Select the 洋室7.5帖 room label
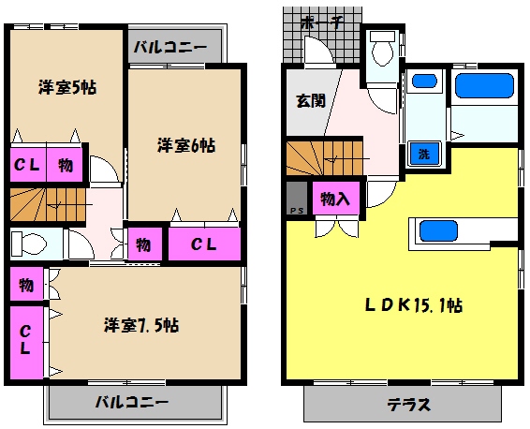[140, 325]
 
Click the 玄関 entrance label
[311, 100]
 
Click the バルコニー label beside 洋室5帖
[169, 45]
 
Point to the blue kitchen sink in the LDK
[437, 230]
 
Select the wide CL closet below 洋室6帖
[204, 245]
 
